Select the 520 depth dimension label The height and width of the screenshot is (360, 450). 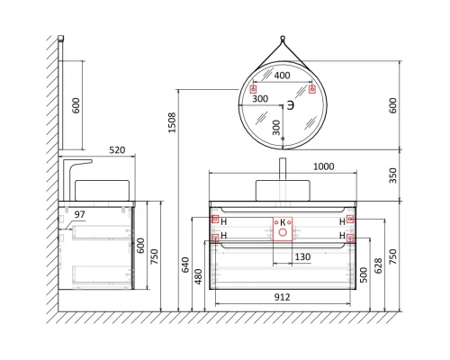point(115,150)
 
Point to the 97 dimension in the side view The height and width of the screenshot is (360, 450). point(80,214)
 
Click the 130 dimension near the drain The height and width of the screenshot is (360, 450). point(303,257)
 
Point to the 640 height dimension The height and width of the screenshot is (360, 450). point(185,264)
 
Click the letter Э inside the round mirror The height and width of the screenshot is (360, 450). point(291,106)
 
